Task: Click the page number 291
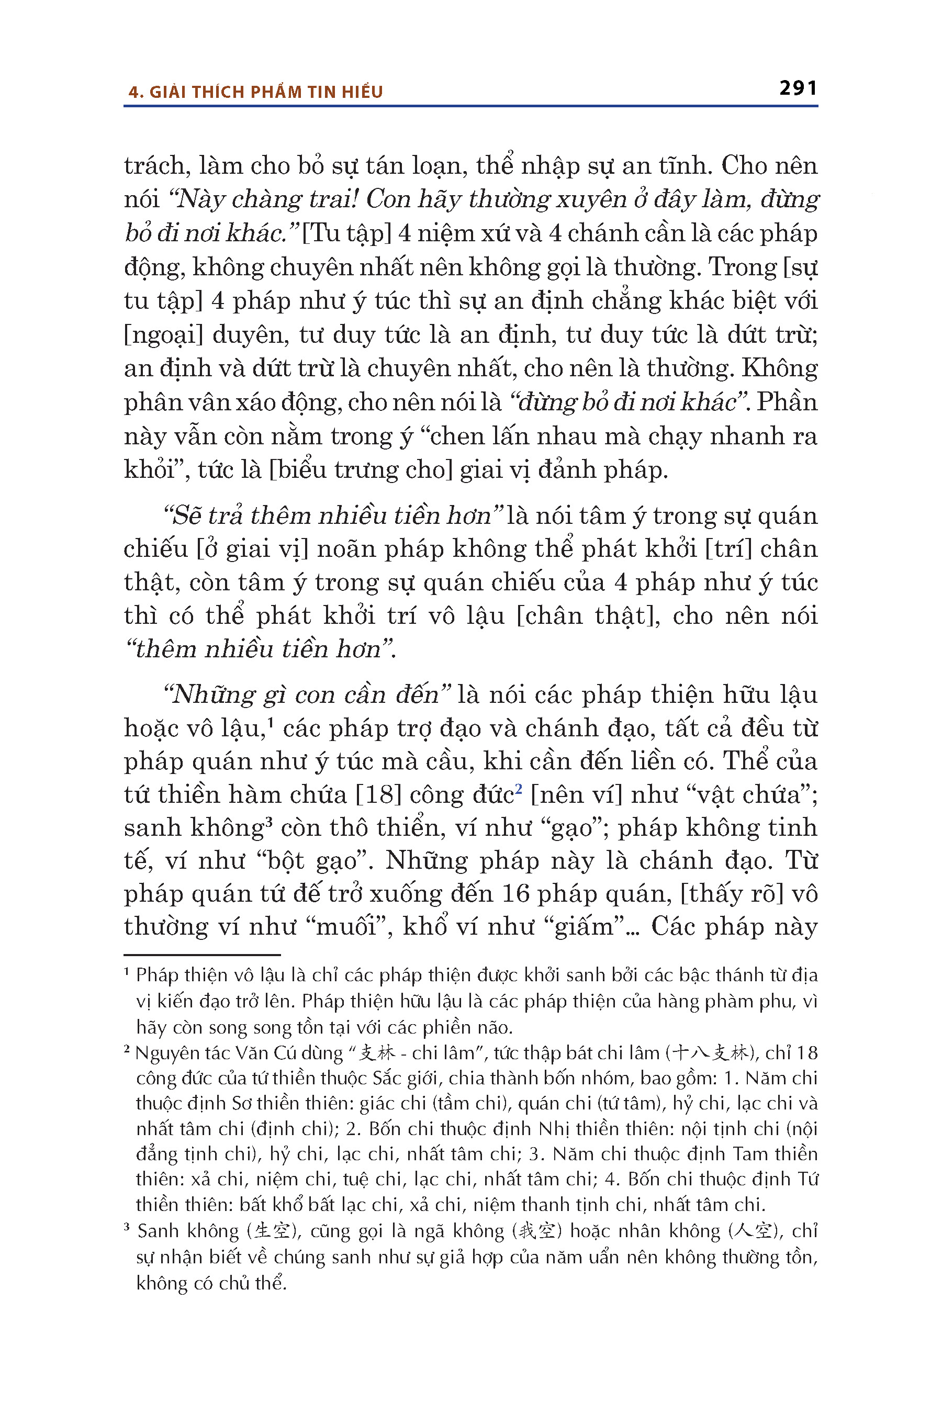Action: pos(798,88)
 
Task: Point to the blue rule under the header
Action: pos(470,106)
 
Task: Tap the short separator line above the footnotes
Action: pos(202,955)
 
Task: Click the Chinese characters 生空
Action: pos(272,1231)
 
